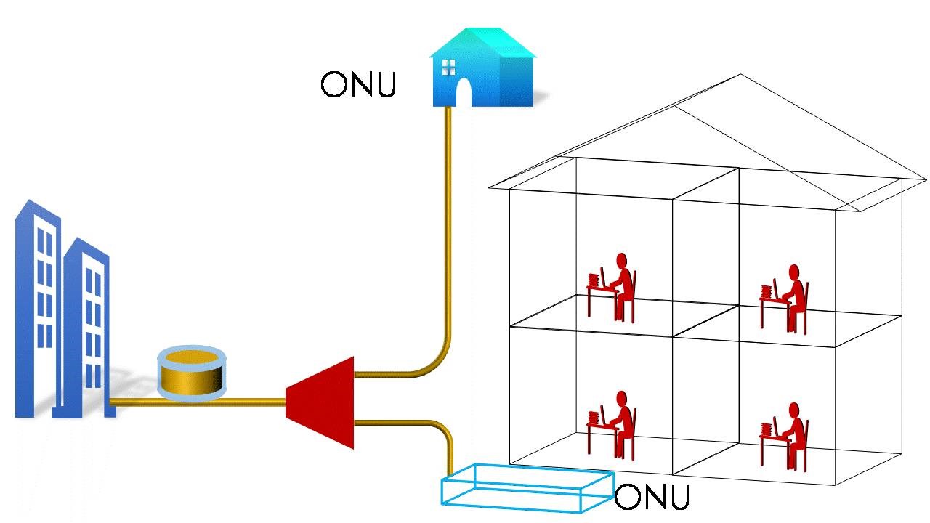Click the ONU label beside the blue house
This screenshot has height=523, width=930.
click(x=358, y=84)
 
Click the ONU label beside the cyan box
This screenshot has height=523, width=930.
click(x=651, y=498)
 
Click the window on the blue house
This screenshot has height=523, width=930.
click(x=448, y=67)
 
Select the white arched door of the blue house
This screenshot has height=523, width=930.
click(x=463, y=92)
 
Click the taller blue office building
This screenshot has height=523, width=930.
click(x=36, y=305)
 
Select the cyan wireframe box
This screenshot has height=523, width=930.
click(x=526, y=487)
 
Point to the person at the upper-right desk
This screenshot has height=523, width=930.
click(x=792, y=298)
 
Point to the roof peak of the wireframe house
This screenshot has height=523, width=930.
click(x=740, y=75)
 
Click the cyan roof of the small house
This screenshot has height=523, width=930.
click(x=482, y=42)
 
